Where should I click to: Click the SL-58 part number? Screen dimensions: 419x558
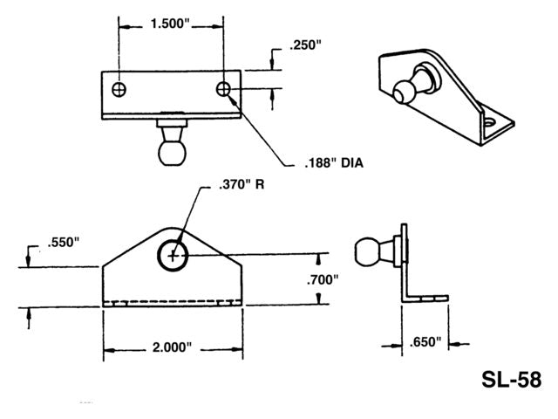pos(512,380)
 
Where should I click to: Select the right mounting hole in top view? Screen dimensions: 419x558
pos(224,89)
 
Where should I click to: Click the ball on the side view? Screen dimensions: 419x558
pos(366,251)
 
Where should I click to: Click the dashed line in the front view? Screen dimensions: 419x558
pos(174,303)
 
